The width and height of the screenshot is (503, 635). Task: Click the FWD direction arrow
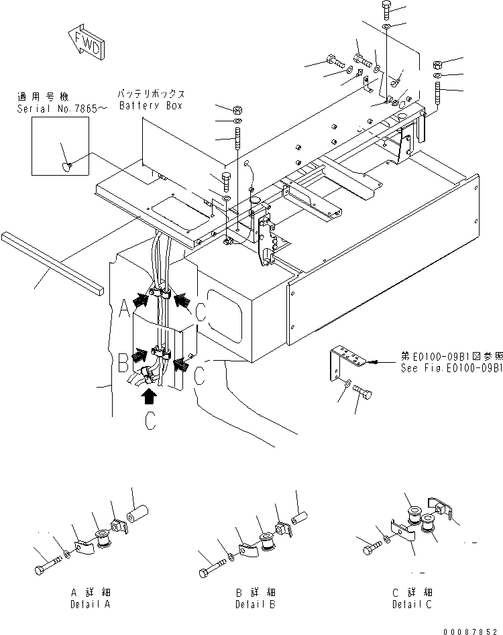85,43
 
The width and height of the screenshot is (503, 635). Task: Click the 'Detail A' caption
91,604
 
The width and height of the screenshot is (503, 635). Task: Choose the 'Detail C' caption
412,604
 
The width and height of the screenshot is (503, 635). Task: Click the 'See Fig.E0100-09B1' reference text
451,369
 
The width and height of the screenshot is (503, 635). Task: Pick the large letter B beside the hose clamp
123,365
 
